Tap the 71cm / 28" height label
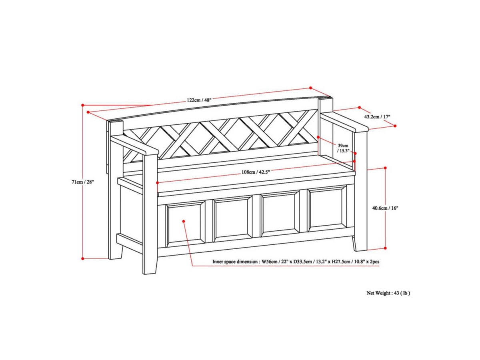[x=83, y=182]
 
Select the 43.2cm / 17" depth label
[x=377, y=117]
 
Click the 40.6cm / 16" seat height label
[x=385, y=208]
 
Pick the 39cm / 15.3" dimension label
[x=343, y=148]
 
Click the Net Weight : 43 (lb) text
[x=388, y=293]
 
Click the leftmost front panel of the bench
[x=185, y=224]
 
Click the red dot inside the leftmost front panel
[x=184, y=221]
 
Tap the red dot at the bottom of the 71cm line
[x=83, y=258]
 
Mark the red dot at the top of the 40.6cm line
[x=385, y=168]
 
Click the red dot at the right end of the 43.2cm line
[x=395, y=126]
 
